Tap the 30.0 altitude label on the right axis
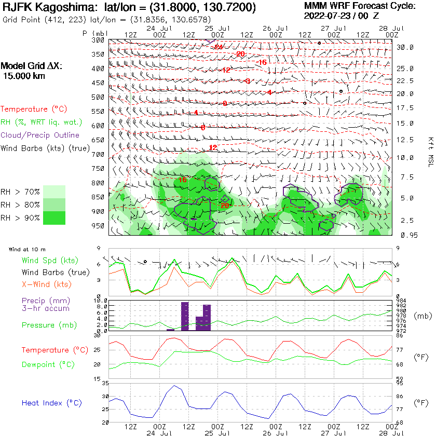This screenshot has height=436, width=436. (405, 47)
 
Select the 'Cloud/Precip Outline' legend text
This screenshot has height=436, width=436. (40, 135)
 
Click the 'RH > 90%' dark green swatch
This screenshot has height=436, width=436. (54, 218)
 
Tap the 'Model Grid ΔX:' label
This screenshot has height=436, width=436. (31, 66)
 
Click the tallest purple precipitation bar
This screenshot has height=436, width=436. (185, 316)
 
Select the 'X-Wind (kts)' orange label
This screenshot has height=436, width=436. (47, 284)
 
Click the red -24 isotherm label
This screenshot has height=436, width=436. (219, 47)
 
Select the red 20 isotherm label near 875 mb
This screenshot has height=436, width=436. (224, 206)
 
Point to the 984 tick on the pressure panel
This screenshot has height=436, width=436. (400, 301)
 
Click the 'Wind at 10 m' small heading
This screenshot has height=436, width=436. (27, 250)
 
